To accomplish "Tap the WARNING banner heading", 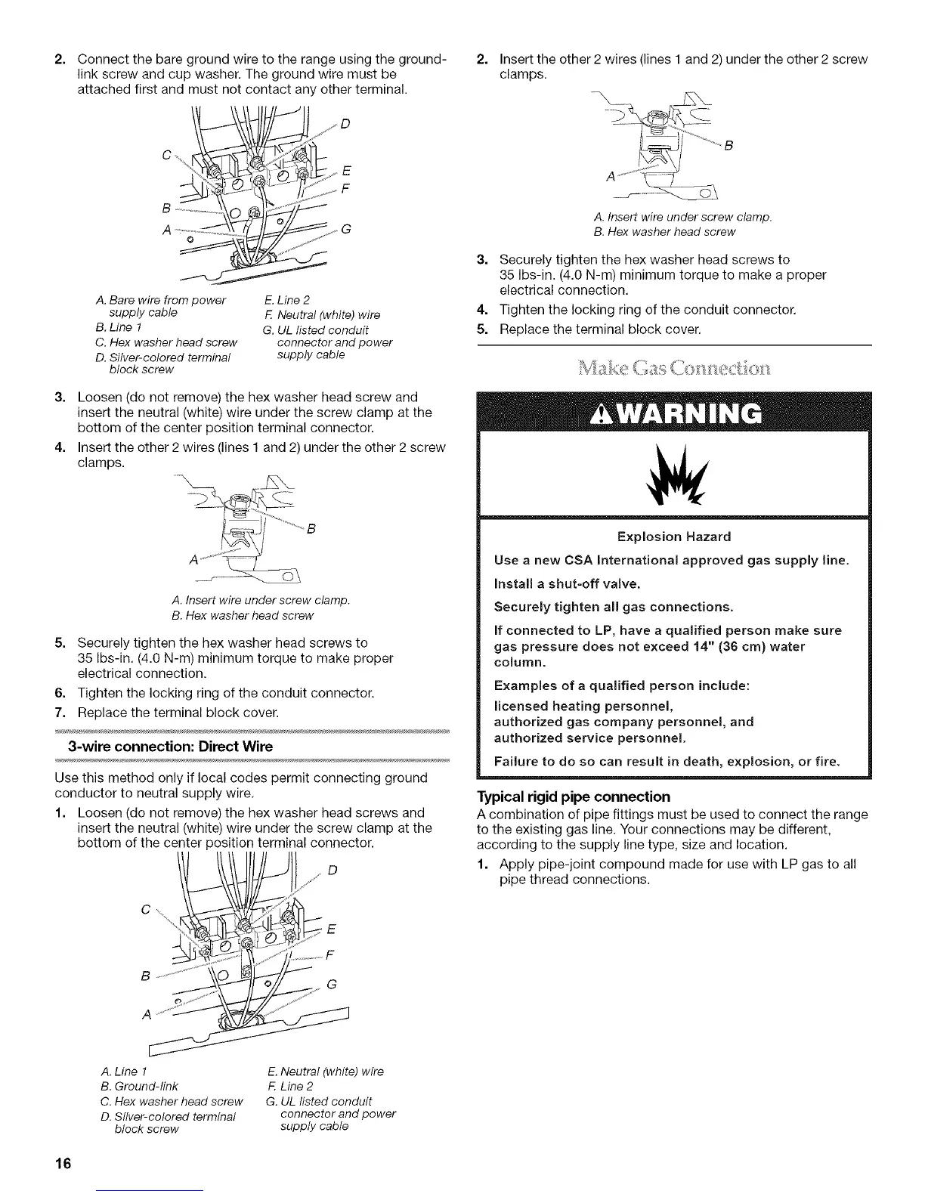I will (x=674, y=413).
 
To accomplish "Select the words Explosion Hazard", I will (x=673, y=537).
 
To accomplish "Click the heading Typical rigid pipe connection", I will (x=574, y=796).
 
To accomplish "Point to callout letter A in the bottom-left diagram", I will (x=144, y=1014).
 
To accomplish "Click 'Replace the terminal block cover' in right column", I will (x=593, y=330).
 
